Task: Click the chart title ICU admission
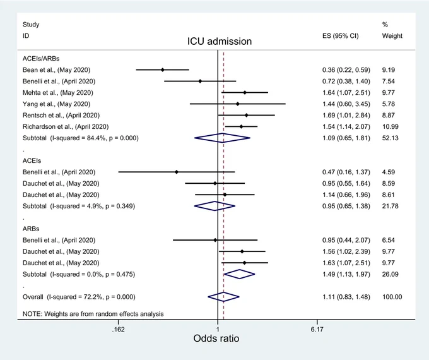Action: click(220, 42)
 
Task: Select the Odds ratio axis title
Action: click(216, 339)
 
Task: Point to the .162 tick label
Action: click(118, 329)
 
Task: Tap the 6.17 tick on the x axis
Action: click(317, 322)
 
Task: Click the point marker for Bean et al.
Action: click(163, 70)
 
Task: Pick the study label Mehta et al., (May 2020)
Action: click(58, 93)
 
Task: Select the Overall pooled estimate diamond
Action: click(223, 297)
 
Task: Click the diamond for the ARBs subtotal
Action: click(239, 274)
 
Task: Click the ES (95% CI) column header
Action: click(340, 36)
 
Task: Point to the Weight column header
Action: click(392, 36)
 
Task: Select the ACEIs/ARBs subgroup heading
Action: click(41, 59)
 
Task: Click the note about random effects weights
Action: click(93, 314)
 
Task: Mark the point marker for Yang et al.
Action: click(237, 104)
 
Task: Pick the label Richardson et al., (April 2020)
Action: click(66, 127)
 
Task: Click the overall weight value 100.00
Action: click(392, 297)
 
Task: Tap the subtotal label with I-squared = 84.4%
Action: click(81, 138)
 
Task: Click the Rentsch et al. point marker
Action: click(247, 116)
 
